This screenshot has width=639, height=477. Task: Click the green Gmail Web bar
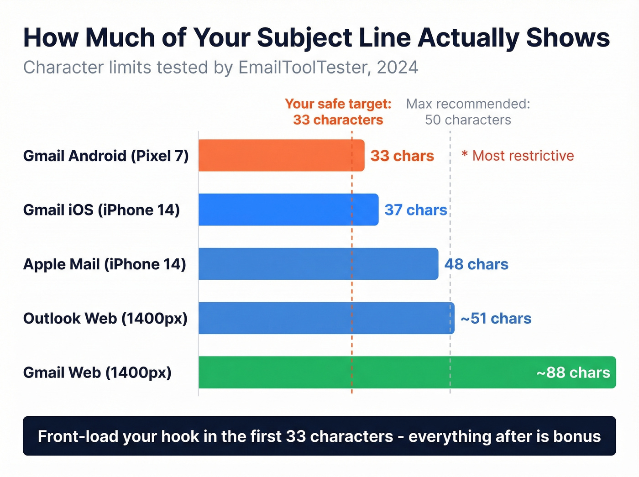pos(365,372)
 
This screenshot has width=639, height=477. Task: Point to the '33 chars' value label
pos(402,156)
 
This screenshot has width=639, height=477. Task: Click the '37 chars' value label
pos(415,210)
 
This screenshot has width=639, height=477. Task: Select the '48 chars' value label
pos(476,264)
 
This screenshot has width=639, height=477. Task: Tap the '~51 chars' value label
pos(496,319)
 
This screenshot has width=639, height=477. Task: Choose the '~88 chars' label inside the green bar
pos(573,373)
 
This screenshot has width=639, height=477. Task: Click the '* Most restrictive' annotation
pos(518,156)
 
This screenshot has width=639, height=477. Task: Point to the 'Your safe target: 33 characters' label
pos(338,112)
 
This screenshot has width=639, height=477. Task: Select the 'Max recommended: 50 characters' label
pos(468,112)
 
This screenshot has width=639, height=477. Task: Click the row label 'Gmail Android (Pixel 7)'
pos(106,156)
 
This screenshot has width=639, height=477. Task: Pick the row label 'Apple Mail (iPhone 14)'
pos(105,264)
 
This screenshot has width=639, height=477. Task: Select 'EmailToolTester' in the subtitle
pos(304,68)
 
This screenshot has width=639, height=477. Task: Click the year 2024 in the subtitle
pos(398,68)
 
